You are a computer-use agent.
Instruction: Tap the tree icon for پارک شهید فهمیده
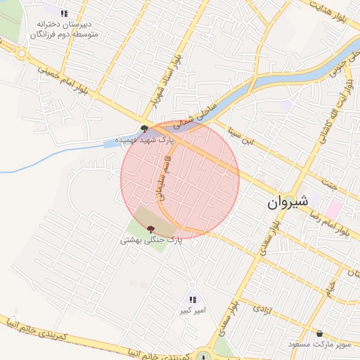pyautogui.click(x=144, y=129)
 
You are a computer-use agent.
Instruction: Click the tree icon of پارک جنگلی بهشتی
pyautogui.click(x=150, y=229)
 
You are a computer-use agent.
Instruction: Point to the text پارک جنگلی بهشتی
pyautogui.click(x=150, y=240)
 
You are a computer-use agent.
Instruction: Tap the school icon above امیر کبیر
pyautogui.click(x=193, y=300)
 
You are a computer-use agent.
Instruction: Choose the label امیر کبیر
pyautogui.click(x=193, y=310)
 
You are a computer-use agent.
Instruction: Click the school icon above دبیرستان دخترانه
pyautogui.click(x=64, y=13)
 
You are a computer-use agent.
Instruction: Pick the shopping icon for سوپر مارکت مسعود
pyautogui.click(x=320, y=333)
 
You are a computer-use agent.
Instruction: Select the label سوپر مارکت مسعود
pyautogui.click(x=319, y=345)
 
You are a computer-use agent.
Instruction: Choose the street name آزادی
pyautogui.click(x=261, y=308)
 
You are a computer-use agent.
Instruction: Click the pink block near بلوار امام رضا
pyautogui.click(x=333, y=209)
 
